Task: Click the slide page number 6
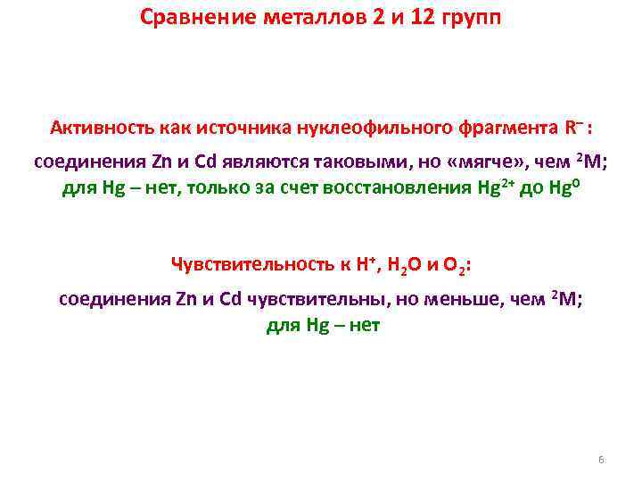tap(601, 460)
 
